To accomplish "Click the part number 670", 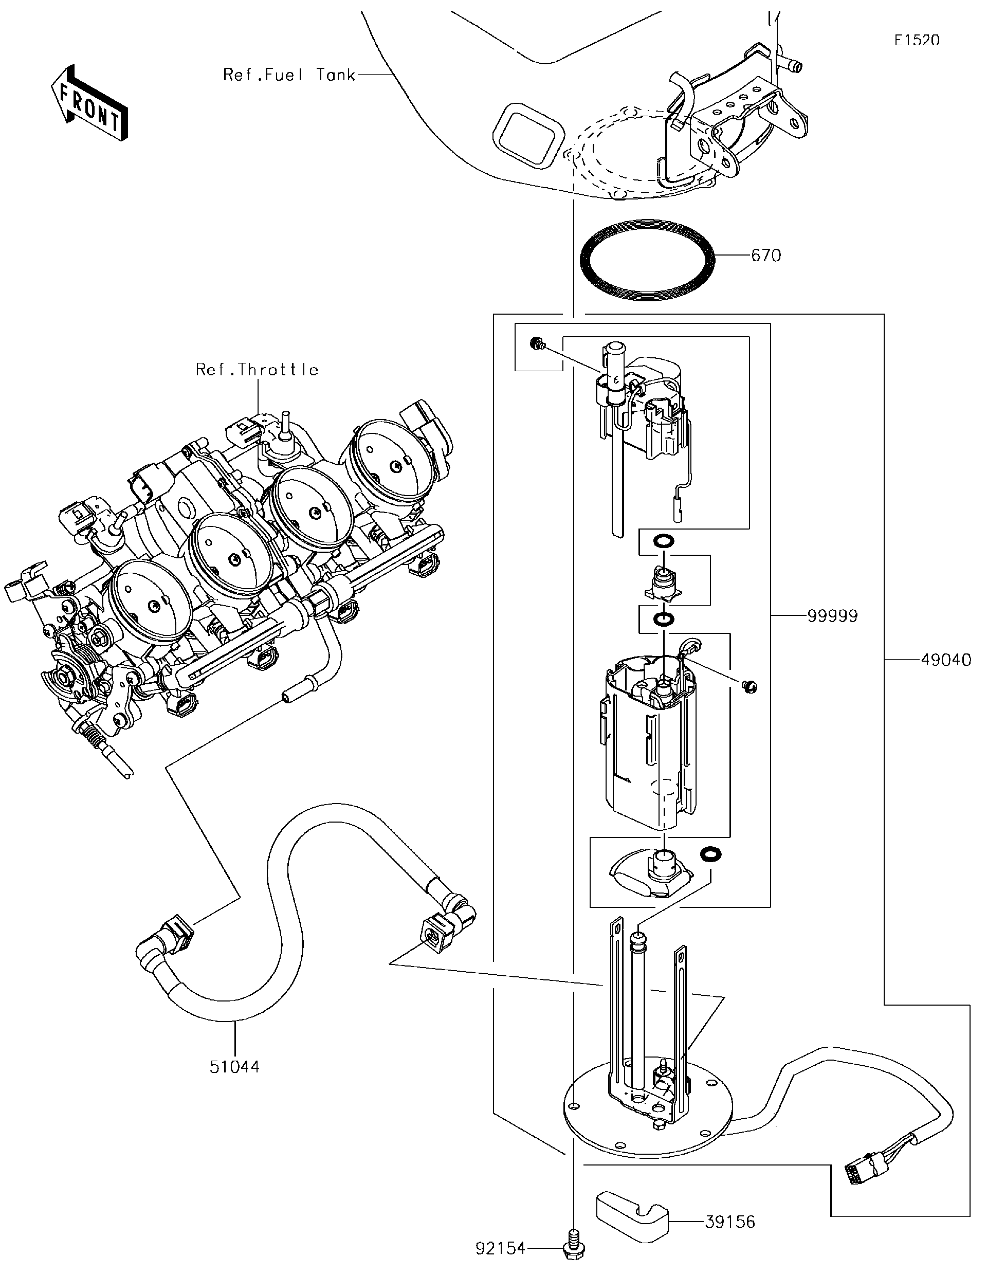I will pyautogui.click(x=765, y=256).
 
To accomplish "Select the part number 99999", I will pyautogui.click(x=832, y=616).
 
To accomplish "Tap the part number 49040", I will pyautogui.click(x=946, y=660).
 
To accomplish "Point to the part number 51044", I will pyautogui.click(x=234, y=1067).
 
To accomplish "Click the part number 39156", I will pyautogui.click(x=729, y=1222).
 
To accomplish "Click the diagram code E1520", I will pyautogui.click(x=917, y=40).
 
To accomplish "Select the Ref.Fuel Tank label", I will pyautogui.click(x=289, y=75).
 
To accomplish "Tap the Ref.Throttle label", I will pyautogui.click(x=257, y=370).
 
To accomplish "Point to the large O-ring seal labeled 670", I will pyautogui.click(x=648, y=259).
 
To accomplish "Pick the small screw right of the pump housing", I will pyautogui.click(x=750, y=686).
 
